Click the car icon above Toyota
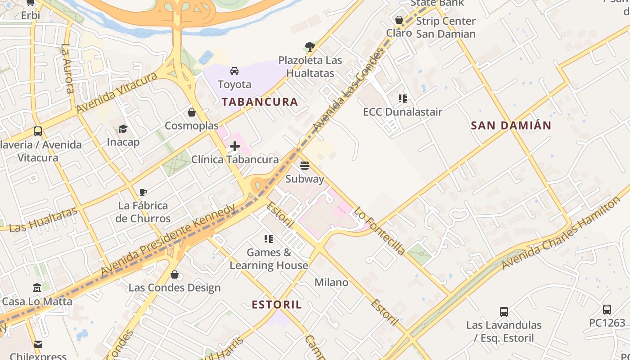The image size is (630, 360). click(234, 71)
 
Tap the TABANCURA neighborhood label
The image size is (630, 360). click(260, 102)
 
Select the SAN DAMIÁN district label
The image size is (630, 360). click(511, 126)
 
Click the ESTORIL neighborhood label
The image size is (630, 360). click(277, 305)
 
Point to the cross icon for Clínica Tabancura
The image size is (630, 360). click(235, 146)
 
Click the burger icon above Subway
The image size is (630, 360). click(305, 166)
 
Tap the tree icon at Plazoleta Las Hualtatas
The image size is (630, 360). click(310, 46)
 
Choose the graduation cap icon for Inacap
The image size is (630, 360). click(123, 129)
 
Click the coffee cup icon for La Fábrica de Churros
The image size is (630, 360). click(143, 193)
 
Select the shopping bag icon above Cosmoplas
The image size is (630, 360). click(192, 112)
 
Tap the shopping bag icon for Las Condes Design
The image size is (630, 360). click(175, 274)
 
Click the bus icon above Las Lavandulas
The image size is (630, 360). click(504, 311)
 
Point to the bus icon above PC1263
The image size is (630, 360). click(607, 309)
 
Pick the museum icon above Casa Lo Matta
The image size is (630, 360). click(37, 288)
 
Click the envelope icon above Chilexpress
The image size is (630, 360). click(38, 344)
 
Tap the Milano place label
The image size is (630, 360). click(331, 282)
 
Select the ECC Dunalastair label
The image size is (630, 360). click(403, 112)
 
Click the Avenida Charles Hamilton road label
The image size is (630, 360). click(561, 234)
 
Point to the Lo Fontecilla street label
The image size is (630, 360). click(379, 230)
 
